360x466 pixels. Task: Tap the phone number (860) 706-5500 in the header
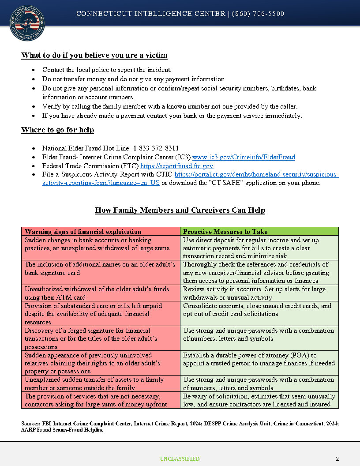258,14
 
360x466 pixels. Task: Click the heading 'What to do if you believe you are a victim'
94,56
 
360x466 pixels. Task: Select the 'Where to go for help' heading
57,130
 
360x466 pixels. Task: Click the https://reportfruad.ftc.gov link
176,166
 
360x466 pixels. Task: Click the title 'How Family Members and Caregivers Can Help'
180,210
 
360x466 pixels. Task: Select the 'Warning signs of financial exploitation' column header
83,232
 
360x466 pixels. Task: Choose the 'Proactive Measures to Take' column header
225,232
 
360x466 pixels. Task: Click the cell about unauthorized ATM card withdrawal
101,293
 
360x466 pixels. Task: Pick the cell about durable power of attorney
259,359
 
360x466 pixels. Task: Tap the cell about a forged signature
101,338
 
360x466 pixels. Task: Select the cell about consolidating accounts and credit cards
259,310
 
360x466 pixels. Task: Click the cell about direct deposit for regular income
259,248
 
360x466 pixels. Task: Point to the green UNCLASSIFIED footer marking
180,459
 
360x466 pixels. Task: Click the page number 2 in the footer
337,459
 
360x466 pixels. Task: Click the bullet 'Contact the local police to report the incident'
107,70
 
